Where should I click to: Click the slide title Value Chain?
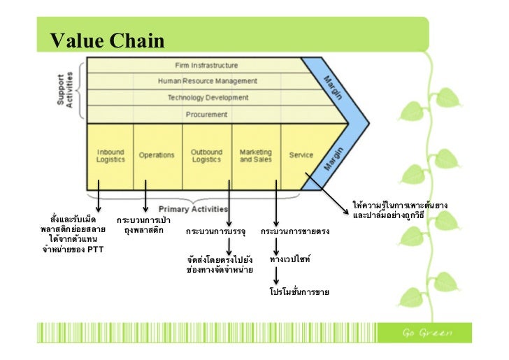pos(107,41)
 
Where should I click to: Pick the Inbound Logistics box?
pos(110,155)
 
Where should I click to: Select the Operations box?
pos(157,155)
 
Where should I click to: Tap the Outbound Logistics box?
pos(206,155)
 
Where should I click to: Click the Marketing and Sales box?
pos(256,155)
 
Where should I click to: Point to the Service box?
pos(301,155)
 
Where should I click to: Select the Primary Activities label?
pos(193,209)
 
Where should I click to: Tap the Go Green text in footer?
pos(426,331)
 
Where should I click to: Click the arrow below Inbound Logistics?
pos(99,196)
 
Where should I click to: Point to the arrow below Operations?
pos(145,196)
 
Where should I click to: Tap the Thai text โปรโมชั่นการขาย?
pos(299,291)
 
